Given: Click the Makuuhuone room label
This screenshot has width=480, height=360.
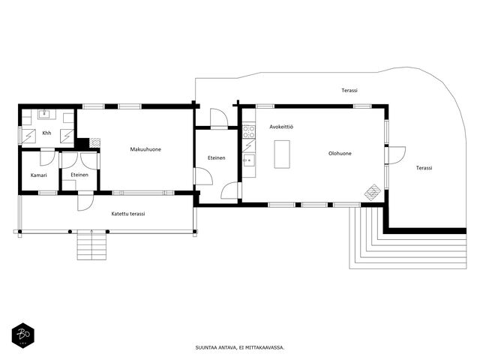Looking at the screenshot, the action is pyautogui.click(x=145, y=149).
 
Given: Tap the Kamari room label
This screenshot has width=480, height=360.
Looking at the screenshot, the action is pyautogui.click(x=39, y=175).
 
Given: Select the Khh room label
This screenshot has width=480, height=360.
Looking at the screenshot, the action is pyautogui.click(x=46, y=133).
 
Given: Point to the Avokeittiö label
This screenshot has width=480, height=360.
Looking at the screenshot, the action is pyautogui.click(x=281, y=127).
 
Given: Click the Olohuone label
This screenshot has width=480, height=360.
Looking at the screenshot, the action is pyautogui.click(x=340, y=153).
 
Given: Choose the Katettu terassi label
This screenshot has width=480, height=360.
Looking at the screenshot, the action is pyautogui.click(x=128, y=214).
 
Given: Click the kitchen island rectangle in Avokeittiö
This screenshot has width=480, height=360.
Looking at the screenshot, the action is pyautogui.click(x=282, y=154).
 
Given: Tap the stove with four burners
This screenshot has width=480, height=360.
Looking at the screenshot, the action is pyautogui.click(x=249, y=132).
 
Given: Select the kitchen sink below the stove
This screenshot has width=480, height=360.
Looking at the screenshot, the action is pyautogui.click(x=249, y=160).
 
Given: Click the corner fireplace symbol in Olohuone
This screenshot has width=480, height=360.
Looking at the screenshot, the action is pyautogui.click(x=373, y=192).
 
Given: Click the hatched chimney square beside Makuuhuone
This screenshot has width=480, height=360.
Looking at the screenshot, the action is pyautogui.click(x=94, y=142).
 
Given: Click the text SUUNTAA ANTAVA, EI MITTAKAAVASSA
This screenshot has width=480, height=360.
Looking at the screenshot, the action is pyautogui.click(x=240, y=347).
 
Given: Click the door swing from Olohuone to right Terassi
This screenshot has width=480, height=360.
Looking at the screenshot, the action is pyautogui.click(x=397, y=155).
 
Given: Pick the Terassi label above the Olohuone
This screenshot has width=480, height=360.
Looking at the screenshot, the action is pyautogui.click(x=349, y=90).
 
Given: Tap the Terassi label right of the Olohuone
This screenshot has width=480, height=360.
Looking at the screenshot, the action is pyautogui.click(x=424, y=168).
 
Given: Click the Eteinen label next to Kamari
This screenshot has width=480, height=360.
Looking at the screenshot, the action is pyautogui.click(x=79, y=175).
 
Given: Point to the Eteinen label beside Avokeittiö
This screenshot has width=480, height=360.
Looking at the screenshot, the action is pyautogui.click(x=217, y=158).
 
